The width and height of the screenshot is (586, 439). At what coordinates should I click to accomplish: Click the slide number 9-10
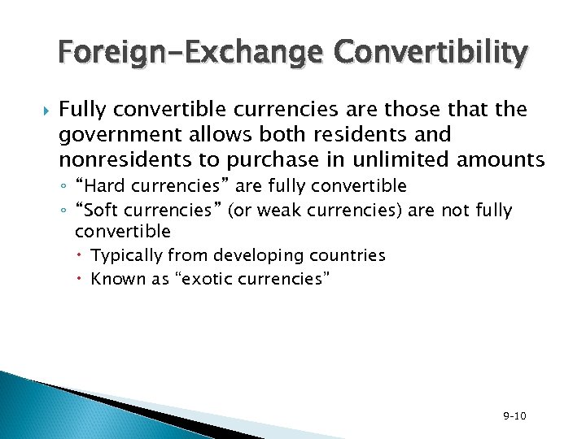[x=514, y=416]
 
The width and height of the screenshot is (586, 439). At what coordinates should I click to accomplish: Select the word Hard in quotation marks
[x=98, y=186]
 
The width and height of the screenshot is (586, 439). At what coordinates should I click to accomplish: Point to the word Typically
[x=127, y=255]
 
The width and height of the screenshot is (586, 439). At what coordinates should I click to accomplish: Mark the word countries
[x=345, y=255]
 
